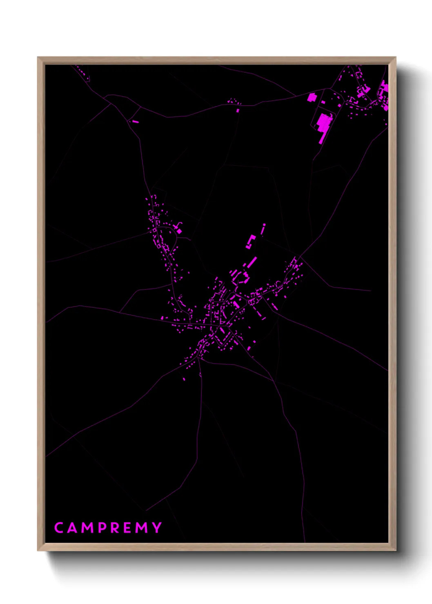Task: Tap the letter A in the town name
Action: [x=72, y=528]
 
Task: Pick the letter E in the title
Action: [x=128, y=528]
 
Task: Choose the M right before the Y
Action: [x=142, y=528]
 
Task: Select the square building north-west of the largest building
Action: [x=312, y=97]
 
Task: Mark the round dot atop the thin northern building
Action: [x=264, y=225]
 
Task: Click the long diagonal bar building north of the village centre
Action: [x=252, y=262]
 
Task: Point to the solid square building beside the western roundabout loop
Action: [x=179, y=231]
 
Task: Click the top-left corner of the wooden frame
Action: [x=38, y=58]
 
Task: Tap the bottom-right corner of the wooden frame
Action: [x=395, y=550]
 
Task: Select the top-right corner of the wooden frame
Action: [x=395, y=58]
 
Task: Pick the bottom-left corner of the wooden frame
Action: [x=38, y=550]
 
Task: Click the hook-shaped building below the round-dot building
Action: [x=250, y=242]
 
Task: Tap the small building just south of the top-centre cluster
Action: [x=238, y=110]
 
